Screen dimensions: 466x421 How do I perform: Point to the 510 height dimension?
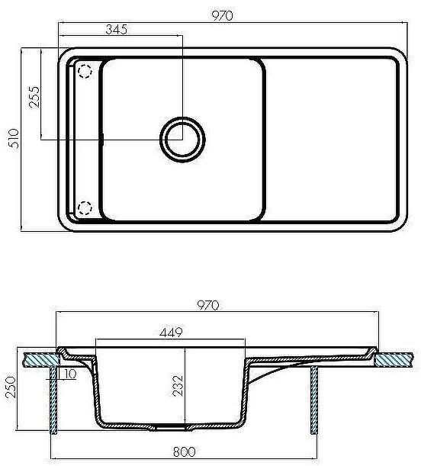10,139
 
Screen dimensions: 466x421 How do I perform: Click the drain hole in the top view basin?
182,139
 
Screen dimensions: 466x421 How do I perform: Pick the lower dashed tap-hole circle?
85,207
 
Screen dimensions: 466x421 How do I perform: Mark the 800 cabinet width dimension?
185,453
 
